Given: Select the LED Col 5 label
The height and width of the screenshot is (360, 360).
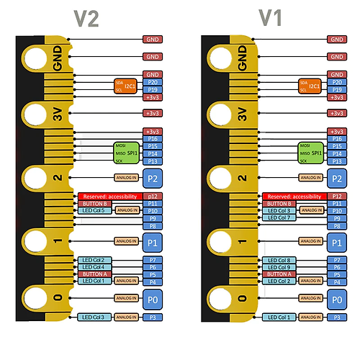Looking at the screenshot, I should [94, 210].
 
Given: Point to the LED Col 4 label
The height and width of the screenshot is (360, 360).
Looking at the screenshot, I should [94, 267].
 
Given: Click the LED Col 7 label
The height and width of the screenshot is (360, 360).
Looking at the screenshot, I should [279, 217].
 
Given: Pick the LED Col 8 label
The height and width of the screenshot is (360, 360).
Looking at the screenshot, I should [279, 260].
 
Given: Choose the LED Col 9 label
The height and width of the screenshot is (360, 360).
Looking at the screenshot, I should [279, 267].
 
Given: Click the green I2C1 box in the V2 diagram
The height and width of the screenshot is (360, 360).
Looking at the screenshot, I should [125, 86].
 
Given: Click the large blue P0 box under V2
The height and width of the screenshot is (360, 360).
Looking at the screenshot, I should [152, 298].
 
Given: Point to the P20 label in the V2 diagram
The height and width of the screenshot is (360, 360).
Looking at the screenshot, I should [153, 82].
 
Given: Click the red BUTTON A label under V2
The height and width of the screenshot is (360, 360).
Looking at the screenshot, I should [94, 274].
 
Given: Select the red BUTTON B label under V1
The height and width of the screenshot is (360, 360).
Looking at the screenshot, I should [279, 204].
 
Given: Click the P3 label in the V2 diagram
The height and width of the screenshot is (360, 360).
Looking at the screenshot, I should [153, 317].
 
